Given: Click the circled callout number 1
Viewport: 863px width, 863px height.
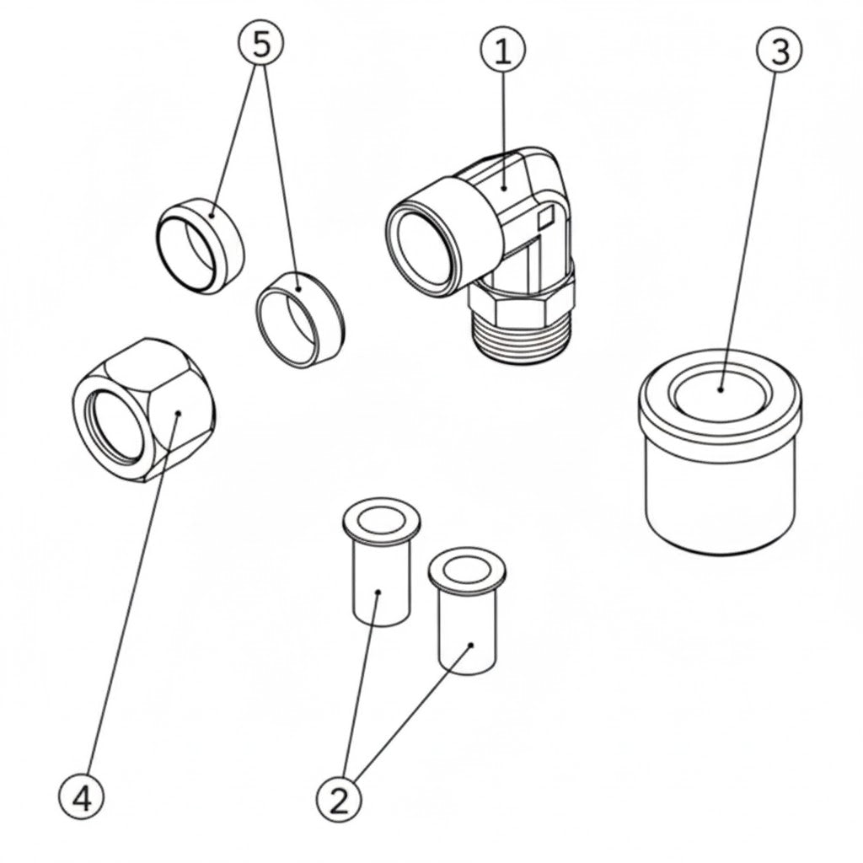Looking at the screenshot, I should tap(502, 52).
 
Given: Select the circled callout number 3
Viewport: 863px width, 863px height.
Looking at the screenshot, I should tap(780, 51).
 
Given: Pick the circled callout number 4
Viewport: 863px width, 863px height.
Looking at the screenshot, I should tap(82, 796).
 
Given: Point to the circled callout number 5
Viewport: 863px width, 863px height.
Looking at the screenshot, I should tap(262, 45).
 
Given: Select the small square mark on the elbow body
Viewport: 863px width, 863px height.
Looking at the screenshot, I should tap(545, 217).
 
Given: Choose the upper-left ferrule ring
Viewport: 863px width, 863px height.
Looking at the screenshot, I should tap(201, 245).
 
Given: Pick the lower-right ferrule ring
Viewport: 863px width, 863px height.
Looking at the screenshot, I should tap(299, 319).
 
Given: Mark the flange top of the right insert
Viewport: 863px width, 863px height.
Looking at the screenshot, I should tap(468, 570).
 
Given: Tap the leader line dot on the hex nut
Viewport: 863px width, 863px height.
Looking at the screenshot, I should tap(179, 413).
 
